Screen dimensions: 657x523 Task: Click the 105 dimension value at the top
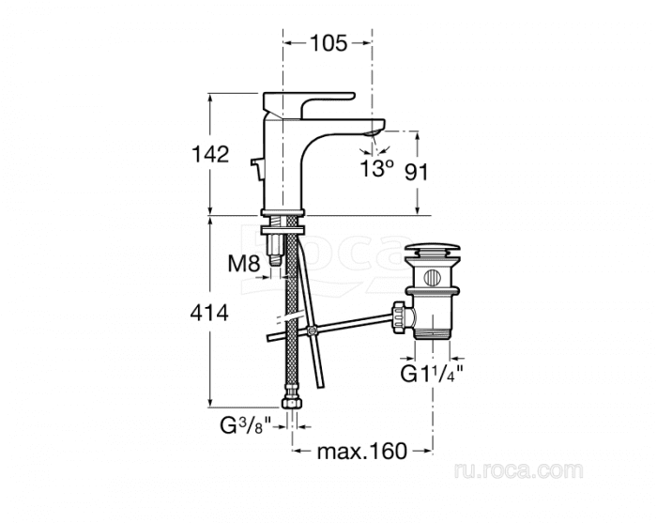(x=328, y=43)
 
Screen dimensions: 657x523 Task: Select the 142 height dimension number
(x=210, y=154)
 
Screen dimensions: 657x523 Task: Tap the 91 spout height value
(x=417, y=172)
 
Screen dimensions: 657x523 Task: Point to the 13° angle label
(x=377, y=168)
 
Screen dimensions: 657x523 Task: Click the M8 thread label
(x=244, y=264)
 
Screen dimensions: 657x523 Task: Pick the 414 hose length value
(x=209, y=313)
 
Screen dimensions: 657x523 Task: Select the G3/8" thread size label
(x=246, y=426)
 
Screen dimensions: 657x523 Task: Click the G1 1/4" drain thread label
(x=432, y=374)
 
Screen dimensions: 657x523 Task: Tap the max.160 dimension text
(x=362, y=452)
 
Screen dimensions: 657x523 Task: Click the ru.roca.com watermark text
(x=518, y=470)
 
